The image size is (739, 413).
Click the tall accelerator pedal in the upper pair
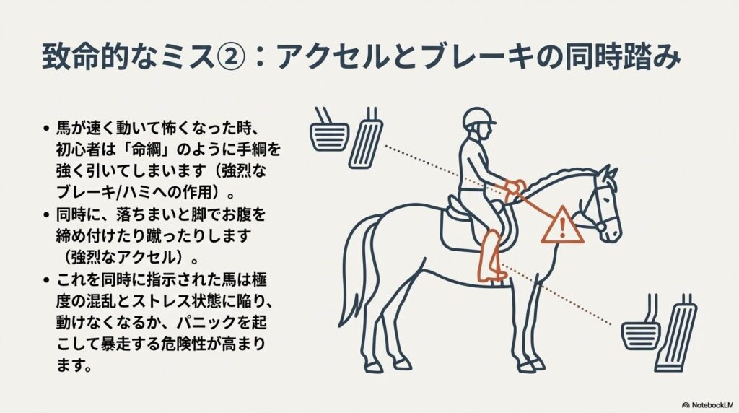tap(367, 141)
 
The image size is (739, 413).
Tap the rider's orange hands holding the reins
tap(513, 187)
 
